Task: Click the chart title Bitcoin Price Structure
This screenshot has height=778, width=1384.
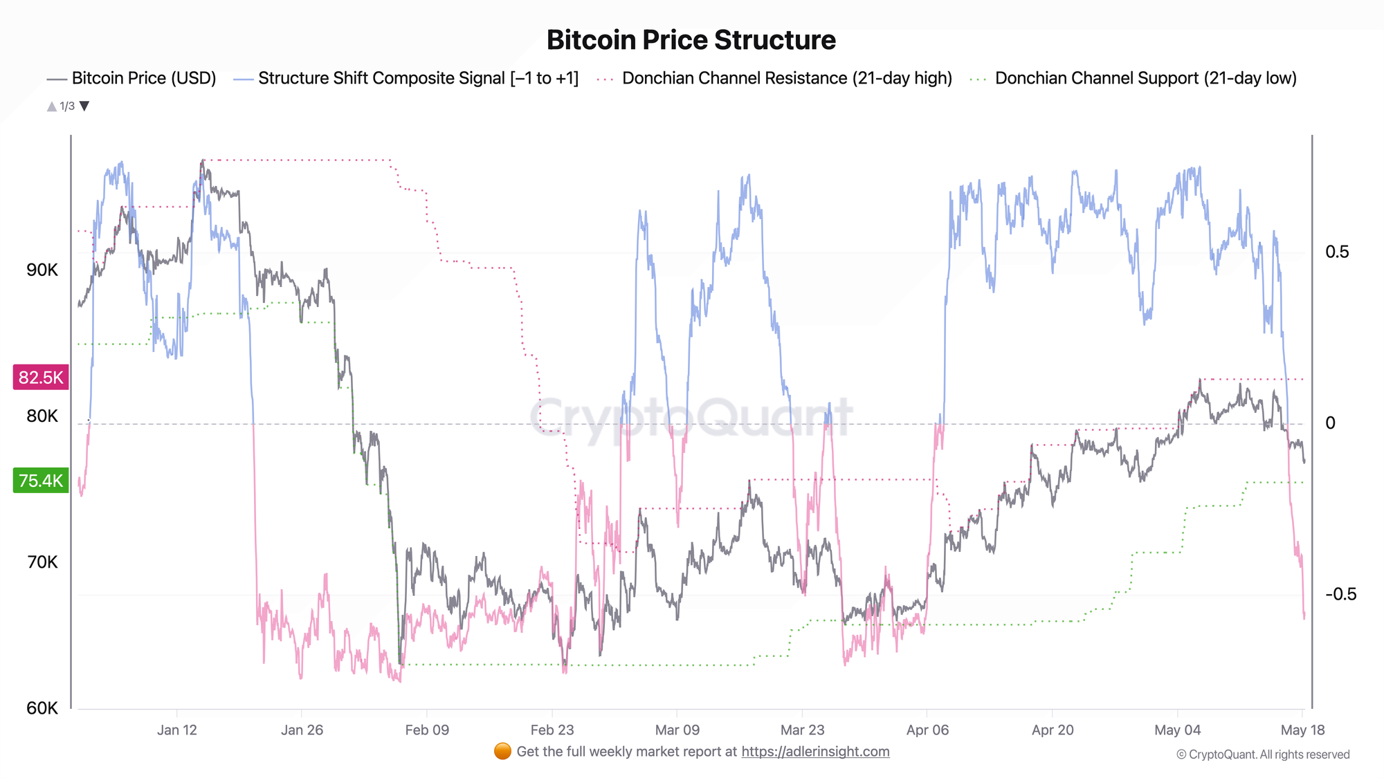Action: point(691,40)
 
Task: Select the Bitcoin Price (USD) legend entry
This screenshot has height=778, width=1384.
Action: point(131,78)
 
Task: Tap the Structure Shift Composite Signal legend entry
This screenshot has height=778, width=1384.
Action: point(406,78)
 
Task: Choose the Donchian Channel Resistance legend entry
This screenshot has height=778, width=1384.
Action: point(774,78)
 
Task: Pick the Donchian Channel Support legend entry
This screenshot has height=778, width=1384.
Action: point(1133,78)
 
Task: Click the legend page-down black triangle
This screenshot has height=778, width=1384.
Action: point(84,106)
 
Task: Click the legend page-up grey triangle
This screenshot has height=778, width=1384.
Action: point(51,106)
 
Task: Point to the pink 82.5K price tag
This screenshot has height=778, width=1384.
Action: point(41,378)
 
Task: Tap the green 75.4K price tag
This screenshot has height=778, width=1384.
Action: point(41,480)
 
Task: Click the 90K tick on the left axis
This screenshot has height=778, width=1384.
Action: point(42,270)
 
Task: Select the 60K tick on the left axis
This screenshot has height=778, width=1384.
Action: point(42,708)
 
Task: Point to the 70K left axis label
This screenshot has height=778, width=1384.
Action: point(42,562)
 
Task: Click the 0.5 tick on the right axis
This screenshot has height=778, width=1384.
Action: point(1337,252)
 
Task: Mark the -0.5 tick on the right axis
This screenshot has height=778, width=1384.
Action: point(1340,594)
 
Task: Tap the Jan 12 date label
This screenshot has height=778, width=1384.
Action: point(177,730)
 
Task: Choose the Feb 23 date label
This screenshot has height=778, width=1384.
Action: point(552,730)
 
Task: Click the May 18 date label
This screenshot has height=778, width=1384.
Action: point(1302,730)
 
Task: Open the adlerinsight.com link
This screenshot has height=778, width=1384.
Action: point(815,752)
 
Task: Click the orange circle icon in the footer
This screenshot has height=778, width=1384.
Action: point(503,751)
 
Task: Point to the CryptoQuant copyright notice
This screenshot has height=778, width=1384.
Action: point(1263,754)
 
